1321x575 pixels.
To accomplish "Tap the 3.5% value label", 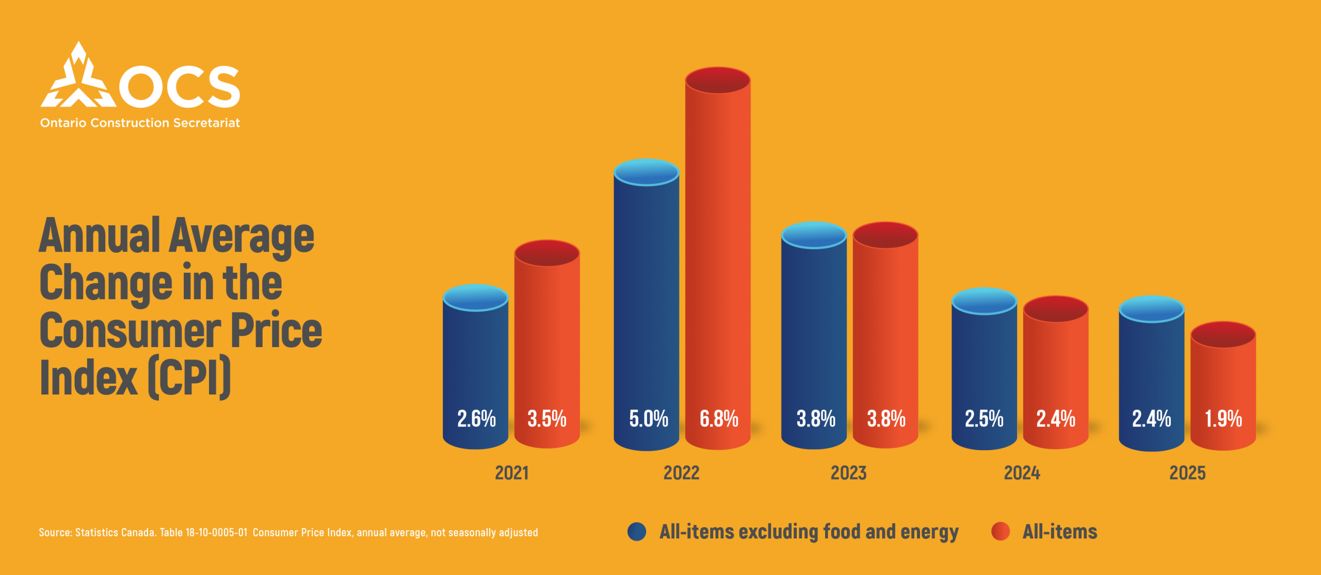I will click(547, 418).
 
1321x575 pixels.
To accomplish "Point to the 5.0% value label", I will click(648, 418).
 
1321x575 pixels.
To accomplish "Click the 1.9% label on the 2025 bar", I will click(1223, 418).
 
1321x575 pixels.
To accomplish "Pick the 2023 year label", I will click(848, 473).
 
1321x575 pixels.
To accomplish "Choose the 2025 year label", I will click(1187, 473).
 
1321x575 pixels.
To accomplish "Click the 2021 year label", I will click(511, 473).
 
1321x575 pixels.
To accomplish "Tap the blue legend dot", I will click(637, 532).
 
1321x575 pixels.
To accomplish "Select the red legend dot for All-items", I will click(1001, 532).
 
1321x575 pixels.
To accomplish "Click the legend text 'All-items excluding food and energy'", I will click(809, 532).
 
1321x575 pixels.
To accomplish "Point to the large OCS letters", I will click(180, 87).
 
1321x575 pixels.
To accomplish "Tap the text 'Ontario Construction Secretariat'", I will click(140, 123).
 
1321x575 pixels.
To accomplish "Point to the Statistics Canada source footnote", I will click(288, 532).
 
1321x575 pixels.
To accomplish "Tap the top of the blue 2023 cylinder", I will click(814, 235).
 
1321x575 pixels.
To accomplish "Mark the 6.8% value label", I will click(719, 418).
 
